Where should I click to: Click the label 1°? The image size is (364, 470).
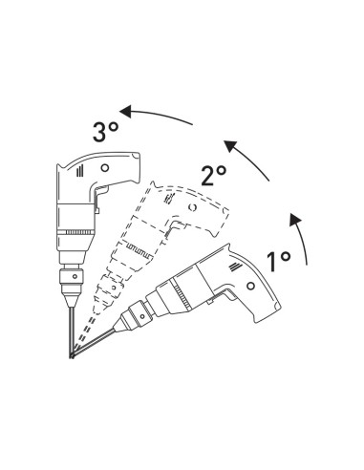(x=279, y=258)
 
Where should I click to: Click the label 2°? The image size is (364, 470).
(x=214, y=174)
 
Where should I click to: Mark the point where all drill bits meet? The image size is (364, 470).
(x=70, y=358)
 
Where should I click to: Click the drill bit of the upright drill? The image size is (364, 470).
(x=71, y=325)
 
